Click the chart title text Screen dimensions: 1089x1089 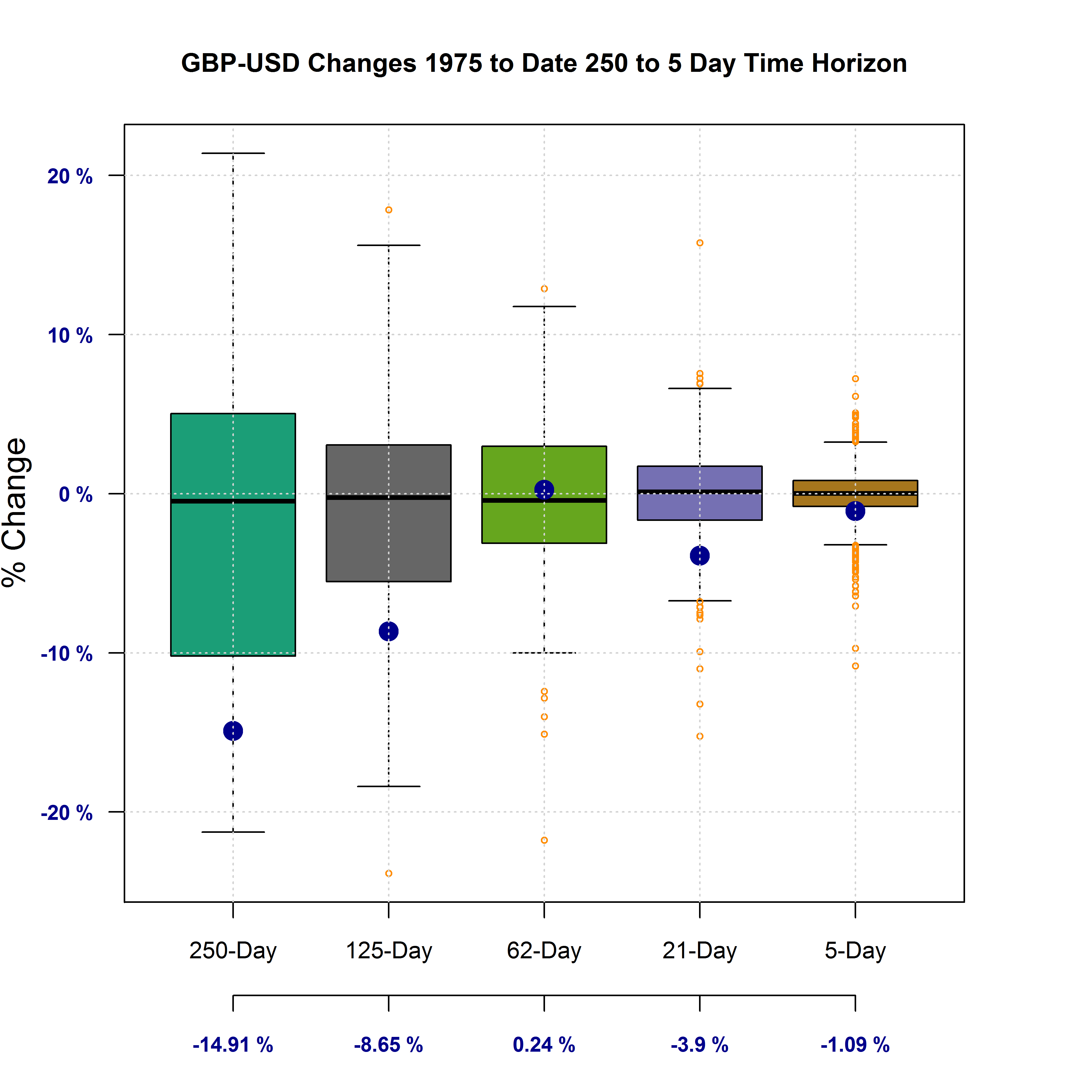coord(544,63)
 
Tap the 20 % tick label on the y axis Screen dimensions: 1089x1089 coord(70,176)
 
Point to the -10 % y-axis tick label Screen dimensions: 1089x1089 coord(67,654)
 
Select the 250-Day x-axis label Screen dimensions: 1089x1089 coord(233,951)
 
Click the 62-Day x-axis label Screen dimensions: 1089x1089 coord(544,951)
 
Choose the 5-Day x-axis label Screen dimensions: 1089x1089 coord(855,951)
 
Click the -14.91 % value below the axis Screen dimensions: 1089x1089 coord(233,1045)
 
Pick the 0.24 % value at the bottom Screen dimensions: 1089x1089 coord(544,1045)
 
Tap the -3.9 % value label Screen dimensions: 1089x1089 coord(700,1045)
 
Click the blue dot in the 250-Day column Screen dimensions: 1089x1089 coord(233,731)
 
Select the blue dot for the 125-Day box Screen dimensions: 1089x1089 coord(388,631)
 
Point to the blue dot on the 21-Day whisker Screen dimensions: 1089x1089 coord(700,556)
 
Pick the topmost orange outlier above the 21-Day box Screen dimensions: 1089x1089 coord(700,243)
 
